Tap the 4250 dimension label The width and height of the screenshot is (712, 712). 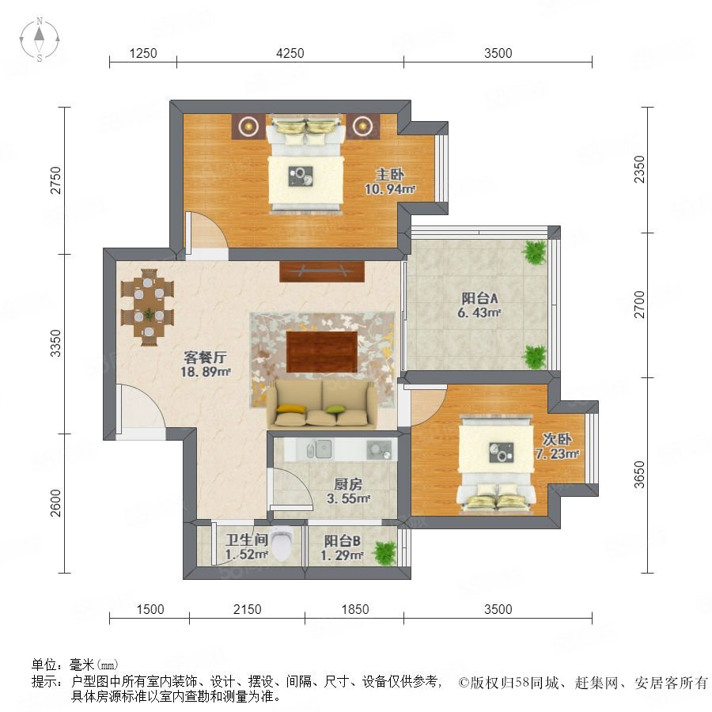point(290,53)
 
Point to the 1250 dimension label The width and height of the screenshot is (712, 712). point(143,53)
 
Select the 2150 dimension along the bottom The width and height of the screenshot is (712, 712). point(248,609)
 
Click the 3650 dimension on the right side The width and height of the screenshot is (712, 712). point(639,475)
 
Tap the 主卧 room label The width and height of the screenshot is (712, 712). point(389,174)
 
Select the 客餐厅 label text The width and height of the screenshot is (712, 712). point(205,357)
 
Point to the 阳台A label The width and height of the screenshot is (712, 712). point(480,298)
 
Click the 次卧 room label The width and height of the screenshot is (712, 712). point(557,439)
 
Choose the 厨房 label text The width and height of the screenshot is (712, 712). point(348,484)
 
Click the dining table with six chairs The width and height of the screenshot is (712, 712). point(148,308)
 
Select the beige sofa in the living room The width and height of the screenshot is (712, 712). point(321,404)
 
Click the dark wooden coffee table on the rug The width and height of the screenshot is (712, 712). point(322,352)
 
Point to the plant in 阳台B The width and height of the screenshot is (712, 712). point(384,553)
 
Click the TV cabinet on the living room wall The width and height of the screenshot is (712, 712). point(322,271)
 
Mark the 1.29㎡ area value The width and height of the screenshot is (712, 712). point(342,555)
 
